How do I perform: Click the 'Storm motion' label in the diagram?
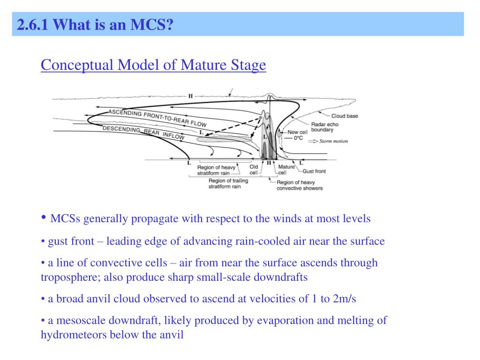(x=334, y=141)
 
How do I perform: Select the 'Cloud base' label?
(x=345, y=116)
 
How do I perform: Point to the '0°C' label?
(x=298, y=138)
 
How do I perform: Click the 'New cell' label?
(x=297, y=132)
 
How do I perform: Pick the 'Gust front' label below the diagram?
(x=314, y=171)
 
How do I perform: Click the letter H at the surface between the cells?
(x=269, y=163)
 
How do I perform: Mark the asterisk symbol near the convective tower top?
(x=260, y=118)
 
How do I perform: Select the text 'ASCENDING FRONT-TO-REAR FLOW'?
(x=157, y=118)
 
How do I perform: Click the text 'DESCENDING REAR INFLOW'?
(x=143, y=132)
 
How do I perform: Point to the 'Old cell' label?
(x=254, y=169)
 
